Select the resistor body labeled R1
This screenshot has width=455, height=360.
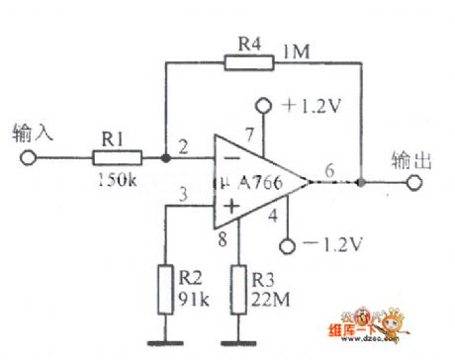pyautogui.click(x=116, y=156)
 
